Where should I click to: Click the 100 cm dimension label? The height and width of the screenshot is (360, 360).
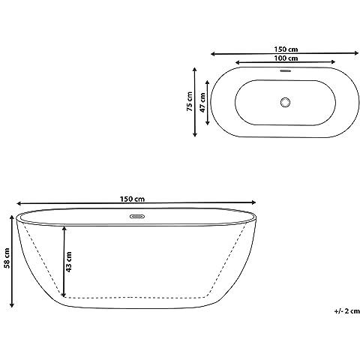pos(286,58)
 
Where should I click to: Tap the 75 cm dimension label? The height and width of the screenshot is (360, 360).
pos(190,101)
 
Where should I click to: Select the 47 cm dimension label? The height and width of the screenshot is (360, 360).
pos(202,103)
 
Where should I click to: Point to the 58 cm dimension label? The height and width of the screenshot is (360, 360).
pos(7,258)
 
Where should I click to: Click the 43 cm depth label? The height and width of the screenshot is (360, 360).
pos(68,262)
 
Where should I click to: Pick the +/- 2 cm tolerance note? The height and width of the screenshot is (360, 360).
pos(347,311)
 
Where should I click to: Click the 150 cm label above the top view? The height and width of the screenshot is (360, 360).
pos(286,49)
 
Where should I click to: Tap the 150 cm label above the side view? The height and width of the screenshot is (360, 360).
pos(132,199)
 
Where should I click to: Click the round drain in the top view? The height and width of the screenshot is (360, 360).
pos(285,103)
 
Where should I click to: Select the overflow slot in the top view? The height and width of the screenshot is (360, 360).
pos(286,70)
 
